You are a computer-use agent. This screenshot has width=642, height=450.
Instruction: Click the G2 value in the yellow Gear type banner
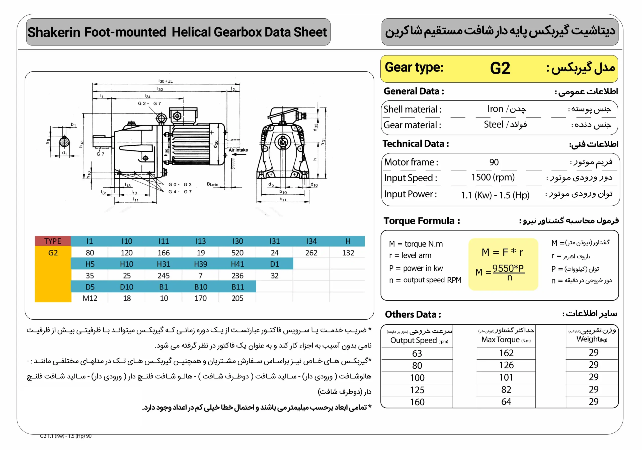tap(500, 68)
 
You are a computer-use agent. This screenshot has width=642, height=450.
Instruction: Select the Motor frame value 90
tap(494, 162)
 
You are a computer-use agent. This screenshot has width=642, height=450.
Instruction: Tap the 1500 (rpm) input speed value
tap(493, 177)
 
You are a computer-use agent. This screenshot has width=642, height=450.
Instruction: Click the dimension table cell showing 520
tap(237, 253)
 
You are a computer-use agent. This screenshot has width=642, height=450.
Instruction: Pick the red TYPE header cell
tap(53, 241)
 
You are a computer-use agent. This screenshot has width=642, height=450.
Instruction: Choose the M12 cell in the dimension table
tap(90, 298)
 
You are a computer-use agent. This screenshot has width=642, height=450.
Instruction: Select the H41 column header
tap(237, 264)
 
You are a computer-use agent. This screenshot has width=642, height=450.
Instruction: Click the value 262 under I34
tap(311, 253)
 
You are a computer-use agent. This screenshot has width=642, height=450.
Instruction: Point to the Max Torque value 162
tap(506, 353)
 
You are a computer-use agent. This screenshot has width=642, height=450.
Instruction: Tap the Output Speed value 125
tap(417, 390)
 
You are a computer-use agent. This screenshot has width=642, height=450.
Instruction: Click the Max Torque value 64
tap(506, 402)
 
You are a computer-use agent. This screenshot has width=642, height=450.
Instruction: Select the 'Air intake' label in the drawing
tap(238, 150)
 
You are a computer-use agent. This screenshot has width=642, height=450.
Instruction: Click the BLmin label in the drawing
tap(212, 184)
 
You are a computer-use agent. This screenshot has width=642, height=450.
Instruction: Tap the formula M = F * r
tap(502, 252)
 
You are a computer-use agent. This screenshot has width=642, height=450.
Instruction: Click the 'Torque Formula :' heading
tap(422, 221)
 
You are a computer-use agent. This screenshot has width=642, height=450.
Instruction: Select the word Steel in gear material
tap(494, 124)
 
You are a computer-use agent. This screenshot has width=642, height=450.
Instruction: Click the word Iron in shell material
tap(495, 109)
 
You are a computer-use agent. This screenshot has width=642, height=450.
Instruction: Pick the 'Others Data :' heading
tap(413, 314)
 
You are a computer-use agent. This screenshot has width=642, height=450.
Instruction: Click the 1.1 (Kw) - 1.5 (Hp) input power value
tap(495, 195)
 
